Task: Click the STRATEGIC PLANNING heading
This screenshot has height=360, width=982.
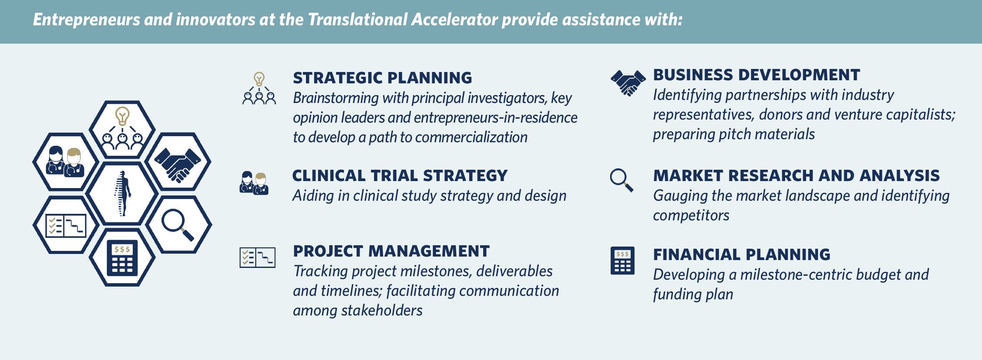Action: (382, 78)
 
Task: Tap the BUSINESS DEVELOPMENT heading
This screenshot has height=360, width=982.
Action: (756, 75)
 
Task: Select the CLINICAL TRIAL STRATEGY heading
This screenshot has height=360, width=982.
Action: (400, 176)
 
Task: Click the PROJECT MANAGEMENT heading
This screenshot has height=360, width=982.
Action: (391, 251)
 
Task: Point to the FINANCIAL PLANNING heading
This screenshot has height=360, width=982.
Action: (741, 254)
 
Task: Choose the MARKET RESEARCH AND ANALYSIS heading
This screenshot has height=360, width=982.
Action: (796, 176)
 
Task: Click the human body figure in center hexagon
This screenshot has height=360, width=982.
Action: (123, 193)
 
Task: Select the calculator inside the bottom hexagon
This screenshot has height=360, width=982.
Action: (123, 258)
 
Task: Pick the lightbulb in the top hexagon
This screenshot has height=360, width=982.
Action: (122, 116)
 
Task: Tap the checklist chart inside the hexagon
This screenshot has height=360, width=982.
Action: (66, 226)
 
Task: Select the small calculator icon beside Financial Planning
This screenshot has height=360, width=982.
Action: (622, 261)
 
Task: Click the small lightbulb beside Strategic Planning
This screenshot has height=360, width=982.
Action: (259, 79)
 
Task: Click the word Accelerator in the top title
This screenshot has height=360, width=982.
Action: (454, 20)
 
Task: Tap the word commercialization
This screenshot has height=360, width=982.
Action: (471, 137)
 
